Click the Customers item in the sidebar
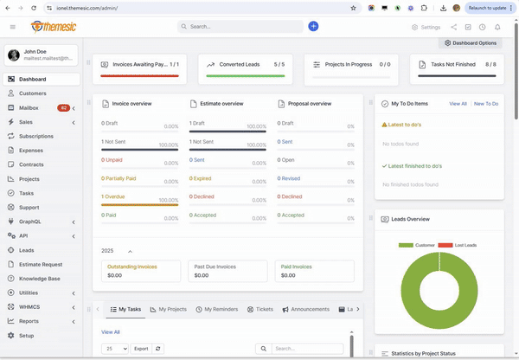click(x=33, y=93)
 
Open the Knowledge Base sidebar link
click(x=40, y=279)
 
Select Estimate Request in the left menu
click(x=41, y=264)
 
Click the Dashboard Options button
click(x=471, y=42)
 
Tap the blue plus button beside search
click(x=313, y=27)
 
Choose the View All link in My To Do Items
click(x=458, y=103)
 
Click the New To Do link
click(x=485, y=103)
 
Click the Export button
click(x=140, y=348)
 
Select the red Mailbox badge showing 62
click(x=63, y=108)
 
